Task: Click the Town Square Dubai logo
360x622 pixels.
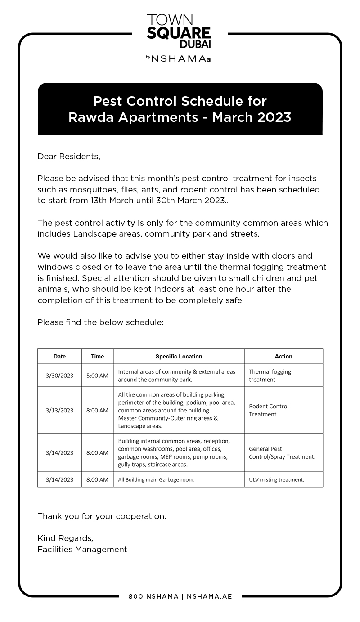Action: coord(179,31)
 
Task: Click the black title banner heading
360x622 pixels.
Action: coord(180,109)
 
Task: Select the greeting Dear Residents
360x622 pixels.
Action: coord(69,157)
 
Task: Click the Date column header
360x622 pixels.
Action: coord(59,356)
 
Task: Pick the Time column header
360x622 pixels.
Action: coord(97,356)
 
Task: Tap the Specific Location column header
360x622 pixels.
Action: coord(179,356)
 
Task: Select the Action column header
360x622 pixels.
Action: coord(283,356)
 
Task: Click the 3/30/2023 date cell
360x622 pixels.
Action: coord(59,376)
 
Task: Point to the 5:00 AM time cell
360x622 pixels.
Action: coord(97,376)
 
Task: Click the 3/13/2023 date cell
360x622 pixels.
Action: coord(59,410)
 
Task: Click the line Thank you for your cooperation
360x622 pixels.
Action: coord(102,516)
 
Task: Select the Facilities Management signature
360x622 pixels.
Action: coord(82,550)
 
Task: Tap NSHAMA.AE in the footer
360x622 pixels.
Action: coord(209,596)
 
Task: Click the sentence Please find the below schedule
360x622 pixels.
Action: coord(100,322)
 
